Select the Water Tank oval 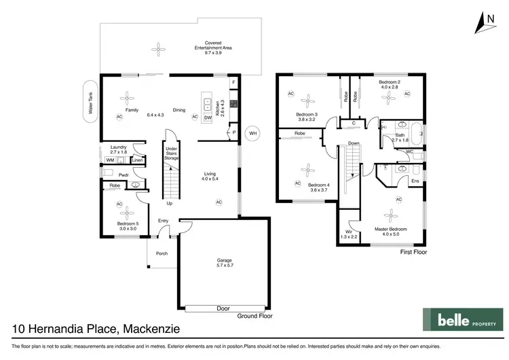tap(89, 103)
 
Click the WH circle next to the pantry tap(252, 132)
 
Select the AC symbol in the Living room tap(219, 202)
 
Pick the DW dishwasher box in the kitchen tap(208, 118)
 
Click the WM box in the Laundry tap(110, 160)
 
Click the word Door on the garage tap(223, 308)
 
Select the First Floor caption tap(413, 251)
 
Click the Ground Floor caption tap(254, 317)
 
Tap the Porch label tap(162, 253)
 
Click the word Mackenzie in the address tap(151, 329)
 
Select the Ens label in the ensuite tap(415, 181)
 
